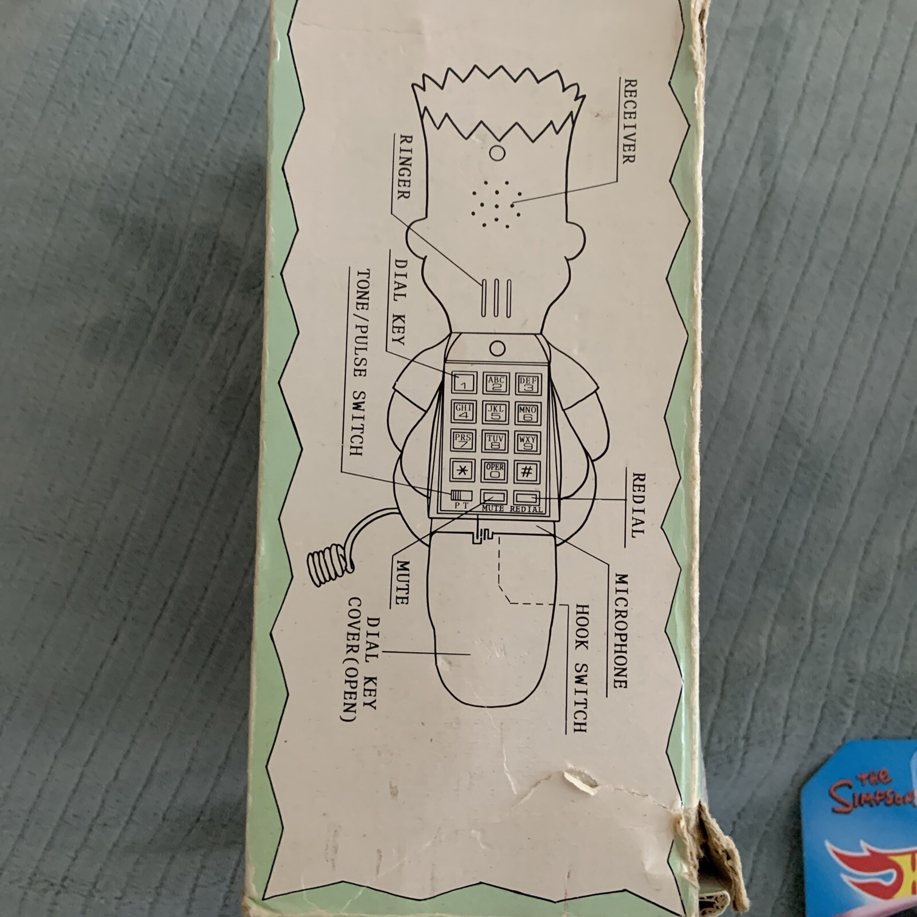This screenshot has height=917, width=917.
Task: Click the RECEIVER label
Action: [628, 121]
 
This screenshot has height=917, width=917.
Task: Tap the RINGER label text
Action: [403, 175]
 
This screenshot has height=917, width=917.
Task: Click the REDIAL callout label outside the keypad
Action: [637, 505]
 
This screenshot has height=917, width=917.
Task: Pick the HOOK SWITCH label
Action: [580, 668]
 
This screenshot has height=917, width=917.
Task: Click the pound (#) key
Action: [527, 471]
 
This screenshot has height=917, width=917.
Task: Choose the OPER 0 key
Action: [495, 471]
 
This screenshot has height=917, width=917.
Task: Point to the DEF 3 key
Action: [527, 382]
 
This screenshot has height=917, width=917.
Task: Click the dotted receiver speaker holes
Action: [496, 203]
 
